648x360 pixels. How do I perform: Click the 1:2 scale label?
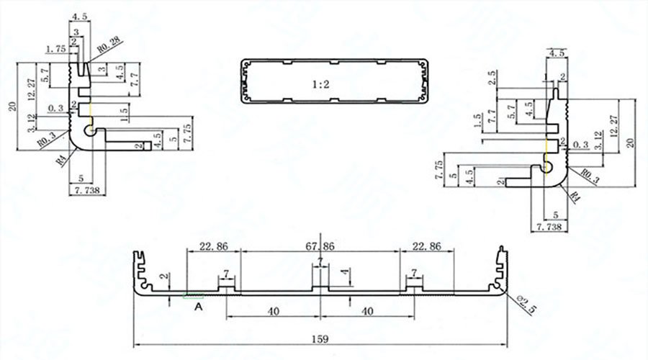(x=320, y=85)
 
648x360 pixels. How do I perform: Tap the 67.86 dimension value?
(x=320, y=246)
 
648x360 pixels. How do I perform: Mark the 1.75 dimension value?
(x=56, y=49)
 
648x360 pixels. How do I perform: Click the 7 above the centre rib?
(x=320, y=259)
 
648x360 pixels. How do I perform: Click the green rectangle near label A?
(x=194, y=294)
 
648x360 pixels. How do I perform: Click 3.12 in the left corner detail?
(x=30, y=122)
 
